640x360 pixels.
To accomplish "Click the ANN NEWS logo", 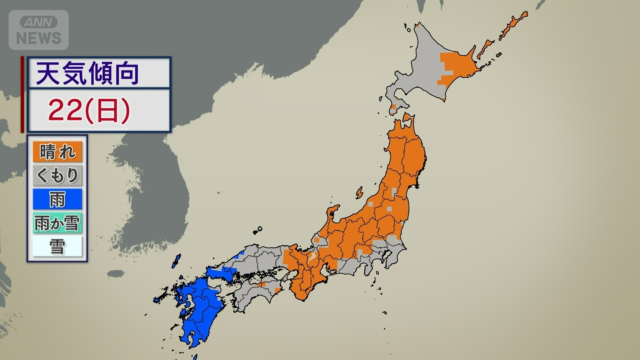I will click(x=39, y=30).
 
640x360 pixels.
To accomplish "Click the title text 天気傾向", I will click(x=87, y=74).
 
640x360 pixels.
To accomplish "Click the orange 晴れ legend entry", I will click(x=57, y=152).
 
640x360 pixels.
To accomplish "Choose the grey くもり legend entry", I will click(x=57, y=175).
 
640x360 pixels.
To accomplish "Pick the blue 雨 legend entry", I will click(x=57, y=199).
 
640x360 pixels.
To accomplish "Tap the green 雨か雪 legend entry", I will click(x=57, y=223).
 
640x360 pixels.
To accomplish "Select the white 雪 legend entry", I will click(x=57, y=246).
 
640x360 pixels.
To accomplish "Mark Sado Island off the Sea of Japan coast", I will click(x=359, y=193).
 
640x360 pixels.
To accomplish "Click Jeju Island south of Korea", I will click(x=115, y=274).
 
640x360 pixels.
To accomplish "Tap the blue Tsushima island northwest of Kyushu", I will click(x=176, y=261).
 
